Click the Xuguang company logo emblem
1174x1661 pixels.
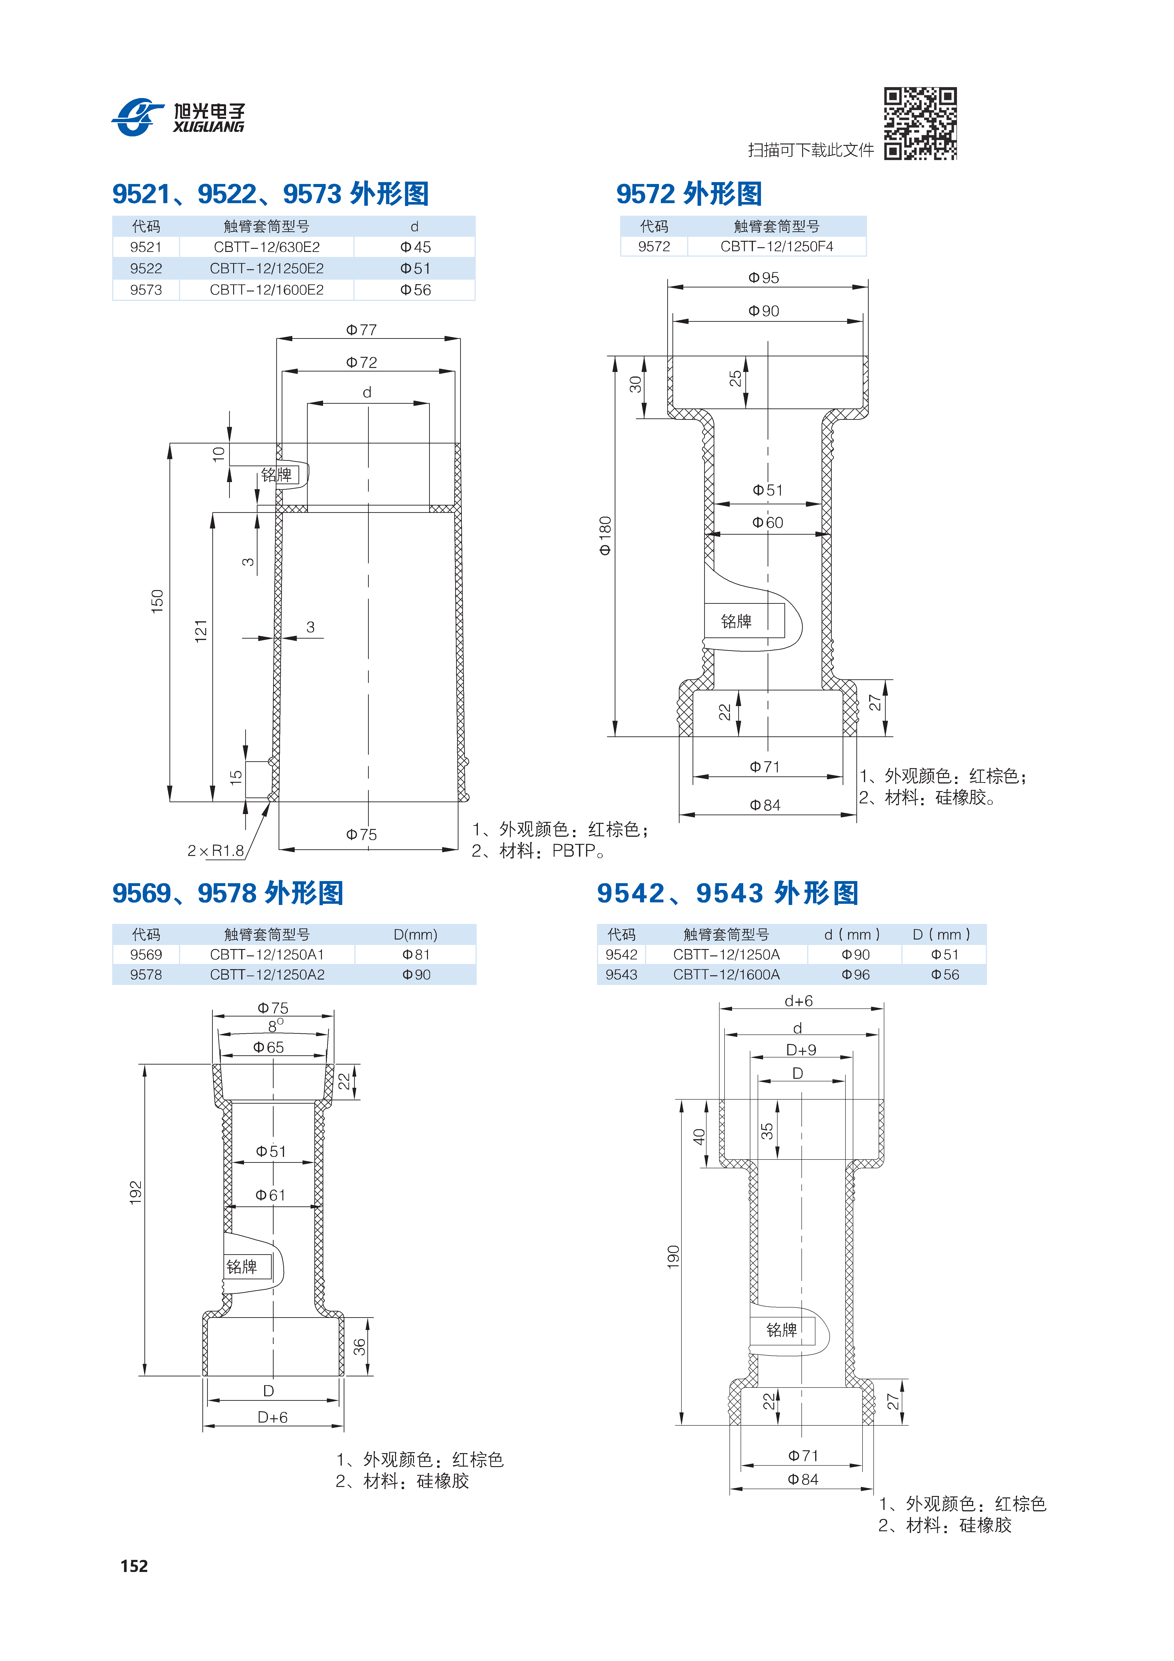tap(138, 116)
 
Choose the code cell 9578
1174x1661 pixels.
tap(146, 975)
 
